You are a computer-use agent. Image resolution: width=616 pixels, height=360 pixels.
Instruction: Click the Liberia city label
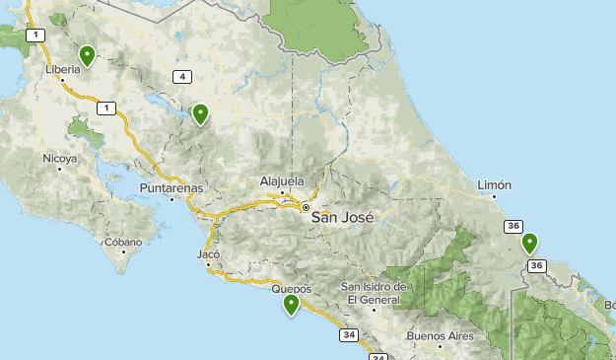(63, 70)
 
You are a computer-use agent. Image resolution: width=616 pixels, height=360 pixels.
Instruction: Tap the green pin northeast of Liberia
(87, 56)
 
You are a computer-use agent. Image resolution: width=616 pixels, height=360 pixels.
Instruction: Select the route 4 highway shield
(182, 76)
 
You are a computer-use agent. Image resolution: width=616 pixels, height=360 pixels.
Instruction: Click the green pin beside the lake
(200, 114)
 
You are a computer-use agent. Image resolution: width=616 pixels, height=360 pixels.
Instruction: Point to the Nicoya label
(59, 158)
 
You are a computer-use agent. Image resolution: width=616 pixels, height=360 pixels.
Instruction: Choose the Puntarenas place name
(171, 187)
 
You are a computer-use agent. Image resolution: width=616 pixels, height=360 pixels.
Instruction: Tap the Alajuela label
(283, 180)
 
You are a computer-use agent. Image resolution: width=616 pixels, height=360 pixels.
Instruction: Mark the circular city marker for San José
(307, 208)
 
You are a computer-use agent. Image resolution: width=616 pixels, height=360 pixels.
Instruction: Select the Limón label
(494, 184)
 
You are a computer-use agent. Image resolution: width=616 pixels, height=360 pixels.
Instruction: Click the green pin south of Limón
(529, 243)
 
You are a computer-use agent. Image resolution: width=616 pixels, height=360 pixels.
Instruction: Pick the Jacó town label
(208, 253)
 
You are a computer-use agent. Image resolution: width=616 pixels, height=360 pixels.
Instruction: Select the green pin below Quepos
(291, 305)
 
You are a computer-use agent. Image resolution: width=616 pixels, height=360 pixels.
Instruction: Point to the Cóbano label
(123, 242)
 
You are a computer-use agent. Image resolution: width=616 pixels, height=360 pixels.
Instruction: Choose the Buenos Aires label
(440, 336)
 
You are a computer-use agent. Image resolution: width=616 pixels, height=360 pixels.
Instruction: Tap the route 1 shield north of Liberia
(36, 36)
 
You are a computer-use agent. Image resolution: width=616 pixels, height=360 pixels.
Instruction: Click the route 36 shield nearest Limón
(513, 227)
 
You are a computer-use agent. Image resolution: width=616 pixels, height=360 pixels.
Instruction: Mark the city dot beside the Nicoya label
(60, 169)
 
